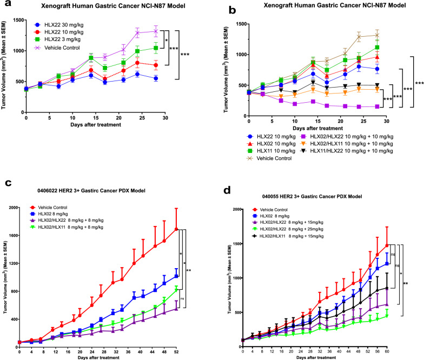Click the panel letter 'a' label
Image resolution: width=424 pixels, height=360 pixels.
click(5, 5)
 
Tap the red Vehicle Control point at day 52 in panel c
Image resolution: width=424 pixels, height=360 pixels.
click(177, 229)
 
